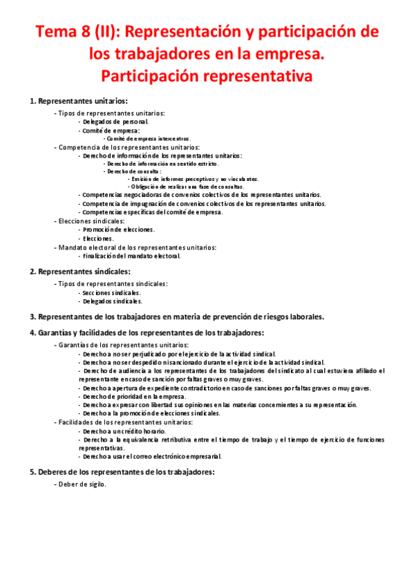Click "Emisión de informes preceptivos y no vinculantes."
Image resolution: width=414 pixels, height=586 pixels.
tap(194, 179)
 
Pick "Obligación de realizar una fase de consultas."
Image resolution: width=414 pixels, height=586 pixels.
tap(186, 187)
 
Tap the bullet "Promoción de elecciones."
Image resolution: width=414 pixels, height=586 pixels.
tap(118, 229)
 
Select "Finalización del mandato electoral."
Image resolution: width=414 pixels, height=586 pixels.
tap(131, 256)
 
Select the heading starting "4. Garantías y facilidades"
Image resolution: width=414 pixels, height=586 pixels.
tap(146, 333)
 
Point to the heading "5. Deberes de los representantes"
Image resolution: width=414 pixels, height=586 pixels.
tap(122, 472)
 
